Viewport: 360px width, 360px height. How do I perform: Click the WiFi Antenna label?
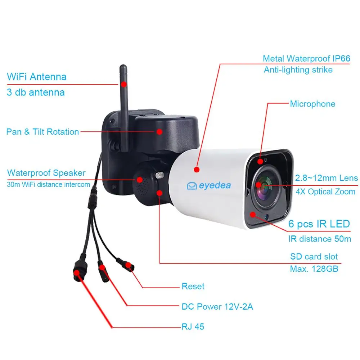click(37, 77)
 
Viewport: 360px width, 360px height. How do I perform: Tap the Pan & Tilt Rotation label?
click(42, 132)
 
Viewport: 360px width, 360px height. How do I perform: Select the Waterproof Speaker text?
click(46, 173)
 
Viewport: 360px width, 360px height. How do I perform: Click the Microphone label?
click(312, 104)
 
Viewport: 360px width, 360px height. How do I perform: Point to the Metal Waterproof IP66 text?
click(306, 59)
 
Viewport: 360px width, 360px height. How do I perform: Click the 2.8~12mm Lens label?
click(327, 178)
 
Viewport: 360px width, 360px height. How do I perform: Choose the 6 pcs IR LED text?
click(319, 224)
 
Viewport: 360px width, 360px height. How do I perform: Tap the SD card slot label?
click(314, 257)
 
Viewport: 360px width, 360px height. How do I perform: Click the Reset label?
click(193, 287)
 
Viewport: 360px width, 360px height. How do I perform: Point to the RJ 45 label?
click(193, 327)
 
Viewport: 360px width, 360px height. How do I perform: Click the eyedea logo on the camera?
click(209, 185)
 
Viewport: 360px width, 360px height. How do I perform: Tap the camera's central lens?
click(265, 186)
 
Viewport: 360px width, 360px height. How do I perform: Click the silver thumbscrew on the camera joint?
click(159, 175)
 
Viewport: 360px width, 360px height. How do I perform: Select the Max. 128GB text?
click(314, 269)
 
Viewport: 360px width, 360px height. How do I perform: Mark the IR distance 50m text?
click(319, 239)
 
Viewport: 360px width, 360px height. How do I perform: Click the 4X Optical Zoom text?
click(325, 192)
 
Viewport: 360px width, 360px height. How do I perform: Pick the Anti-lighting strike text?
click(298, 70)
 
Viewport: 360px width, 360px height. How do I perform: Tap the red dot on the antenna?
click(123, 85)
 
